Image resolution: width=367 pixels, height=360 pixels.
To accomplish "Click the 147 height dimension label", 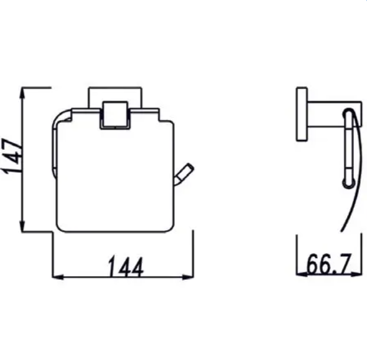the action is coord(12,156).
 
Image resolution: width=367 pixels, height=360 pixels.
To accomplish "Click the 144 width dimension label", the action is coord(126,267).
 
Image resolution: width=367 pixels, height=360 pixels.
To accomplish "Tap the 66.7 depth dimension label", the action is coord(329,264).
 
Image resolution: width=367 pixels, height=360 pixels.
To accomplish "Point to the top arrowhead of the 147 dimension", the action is coord(22,93).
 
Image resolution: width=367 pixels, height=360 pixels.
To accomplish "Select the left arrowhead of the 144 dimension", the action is coord(58,277).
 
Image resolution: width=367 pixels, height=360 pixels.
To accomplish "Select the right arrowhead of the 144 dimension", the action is coord(188,277).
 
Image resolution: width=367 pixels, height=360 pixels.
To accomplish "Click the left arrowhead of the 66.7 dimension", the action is coord(302,274).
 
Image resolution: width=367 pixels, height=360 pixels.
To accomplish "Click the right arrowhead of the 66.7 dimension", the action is coord(356,274).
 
